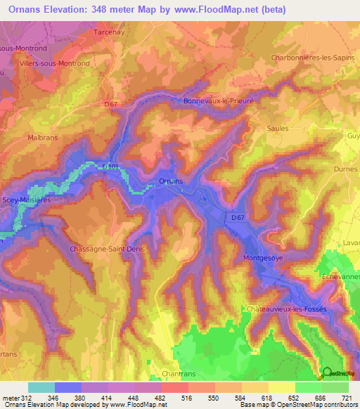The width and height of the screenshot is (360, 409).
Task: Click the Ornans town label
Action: tap(171, 181)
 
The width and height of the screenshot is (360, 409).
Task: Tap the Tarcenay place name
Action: tap(109, 32)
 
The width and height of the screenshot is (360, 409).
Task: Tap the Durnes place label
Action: tap(342, 169)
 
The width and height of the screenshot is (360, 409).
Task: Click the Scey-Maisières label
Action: tap(27, 200)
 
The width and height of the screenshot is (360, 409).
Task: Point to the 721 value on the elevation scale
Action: tap(347, 398)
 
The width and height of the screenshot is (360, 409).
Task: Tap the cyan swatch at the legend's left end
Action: tap(41, 387)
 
